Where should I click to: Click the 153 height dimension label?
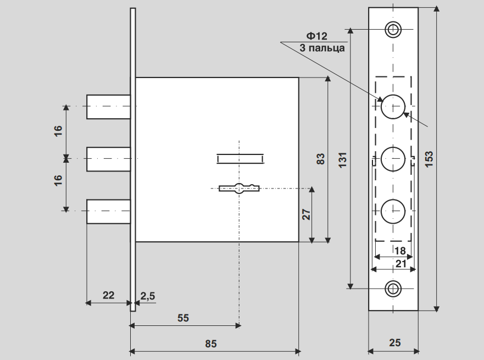coord(429,158)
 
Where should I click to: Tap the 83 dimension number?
coord(321,159)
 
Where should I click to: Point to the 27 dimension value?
coord(307,214)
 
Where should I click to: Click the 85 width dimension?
coord(211,344)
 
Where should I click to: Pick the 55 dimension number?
coord(183,318)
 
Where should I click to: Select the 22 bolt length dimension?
coord(108,295)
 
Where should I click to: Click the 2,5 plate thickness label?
coord(148,295)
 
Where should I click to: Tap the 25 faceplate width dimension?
coord(394,343)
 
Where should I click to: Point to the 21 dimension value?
coord(400,264)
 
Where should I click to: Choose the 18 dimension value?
coord(400,251)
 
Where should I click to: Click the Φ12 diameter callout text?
coord(317,36)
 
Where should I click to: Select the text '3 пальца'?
coord(322,48)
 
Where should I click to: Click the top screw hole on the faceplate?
coord(393,29)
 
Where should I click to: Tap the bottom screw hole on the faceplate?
coord(393,288)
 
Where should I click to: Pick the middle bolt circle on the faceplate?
coord(393,159)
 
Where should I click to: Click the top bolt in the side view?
coord(108,106)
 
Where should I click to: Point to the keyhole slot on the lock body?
coord(239,189)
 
